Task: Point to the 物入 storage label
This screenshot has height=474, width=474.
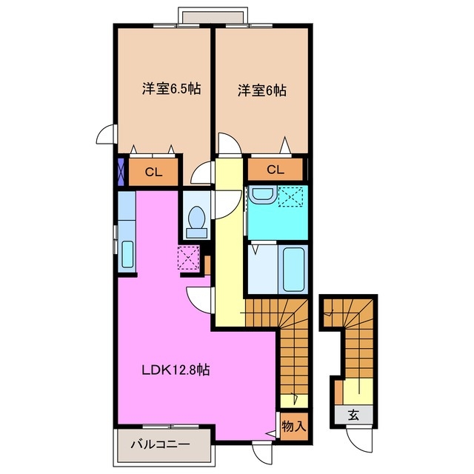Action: (x=293, y=427)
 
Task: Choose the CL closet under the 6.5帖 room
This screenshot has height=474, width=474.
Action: (x=153, y=173)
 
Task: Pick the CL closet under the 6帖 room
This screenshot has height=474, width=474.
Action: (x=275, y=170)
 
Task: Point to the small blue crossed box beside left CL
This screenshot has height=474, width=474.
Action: (x=121, y=171)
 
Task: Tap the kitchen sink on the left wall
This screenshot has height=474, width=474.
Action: (x=127, y=255)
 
